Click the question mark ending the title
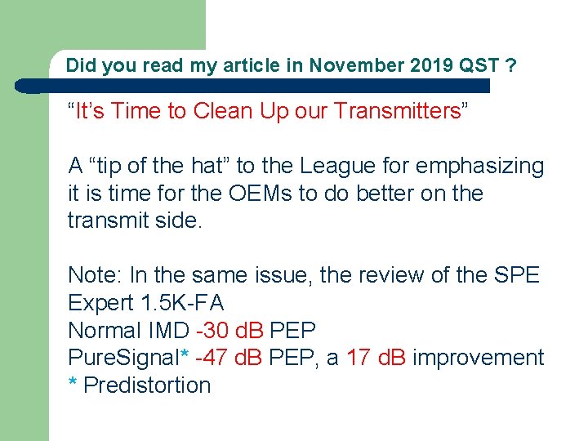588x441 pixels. [x=510, y=65]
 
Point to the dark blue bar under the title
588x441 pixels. [x=253, y=86]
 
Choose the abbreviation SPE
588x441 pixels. [x=518, y=275]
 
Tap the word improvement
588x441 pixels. [x=479, y=358]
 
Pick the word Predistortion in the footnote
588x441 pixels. [x=147, y=385]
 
